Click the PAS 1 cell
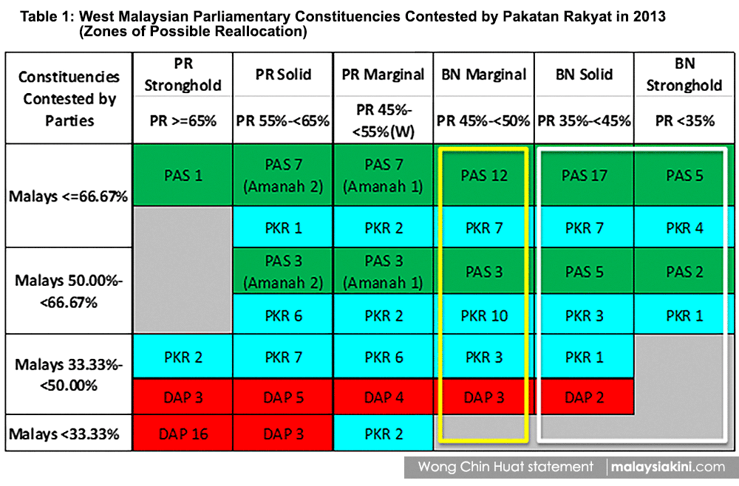(x=183, y=175)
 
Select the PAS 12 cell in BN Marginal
(x=484, y=175)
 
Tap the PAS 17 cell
(x=584, y=175)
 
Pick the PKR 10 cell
(x=484, y=315)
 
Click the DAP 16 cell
(x=183, y=434)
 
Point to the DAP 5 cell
(x=283, y=397)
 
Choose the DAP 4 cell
(x=384, y=397)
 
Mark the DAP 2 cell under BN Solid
(x=584, y=397)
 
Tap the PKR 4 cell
(x=684, y=227)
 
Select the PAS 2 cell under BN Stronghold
(x=684, y=271)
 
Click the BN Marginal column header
(x=484, y=75)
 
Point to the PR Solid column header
(x=283, y=75)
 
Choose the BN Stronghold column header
(x=684, y=75)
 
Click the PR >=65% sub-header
(x=183, y=121)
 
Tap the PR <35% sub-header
(x=684, y=121)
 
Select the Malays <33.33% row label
(x=64, y=434)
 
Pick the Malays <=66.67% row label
(x=68, y=196)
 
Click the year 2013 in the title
(x=650, y=16)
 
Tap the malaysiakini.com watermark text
(x=668, y=467)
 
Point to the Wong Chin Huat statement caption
(x=505, y=467)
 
